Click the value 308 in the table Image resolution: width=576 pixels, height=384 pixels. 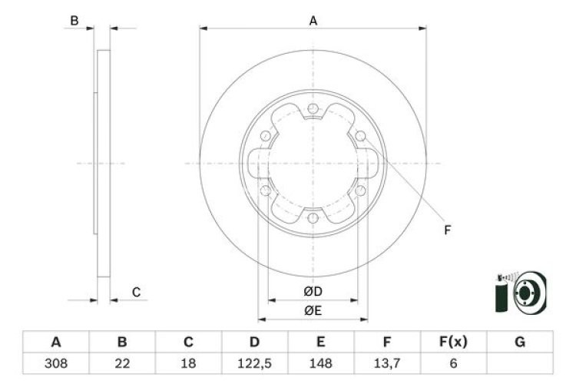pos(56,362)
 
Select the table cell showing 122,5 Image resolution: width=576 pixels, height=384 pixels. pos(254,362)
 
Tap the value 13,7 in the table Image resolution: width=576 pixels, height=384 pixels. pos(387,362)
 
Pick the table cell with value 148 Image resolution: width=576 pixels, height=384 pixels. pos(320,362)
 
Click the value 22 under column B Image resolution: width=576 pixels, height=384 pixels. pos(121,362)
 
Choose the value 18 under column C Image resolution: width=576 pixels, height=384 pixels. pos(188,362)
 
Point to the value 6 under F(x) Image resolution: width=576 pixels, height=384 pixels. pos(453,362)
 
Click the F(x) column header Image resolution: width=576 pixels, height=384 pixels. pos(453,342)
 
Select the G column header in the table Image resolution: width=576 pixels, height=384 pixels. pos(520,342)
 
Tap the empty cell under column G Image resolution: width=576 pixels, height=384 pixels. pos(520,362)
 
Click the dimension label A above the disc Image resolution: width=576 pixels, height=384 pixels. pos(313,21)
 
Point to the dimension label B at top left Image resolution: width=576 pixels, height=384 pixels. pos(74,21)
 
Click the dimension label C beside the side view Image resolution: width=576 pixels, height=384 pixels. pos(136,292)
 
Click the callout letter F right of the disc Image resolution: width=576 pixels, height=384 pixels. pos(448,229)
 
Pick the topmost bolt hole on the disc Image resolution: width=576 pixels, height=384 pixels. pos(313,109)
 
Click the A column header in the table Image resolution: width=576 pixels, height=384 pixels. pos(56,342)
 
